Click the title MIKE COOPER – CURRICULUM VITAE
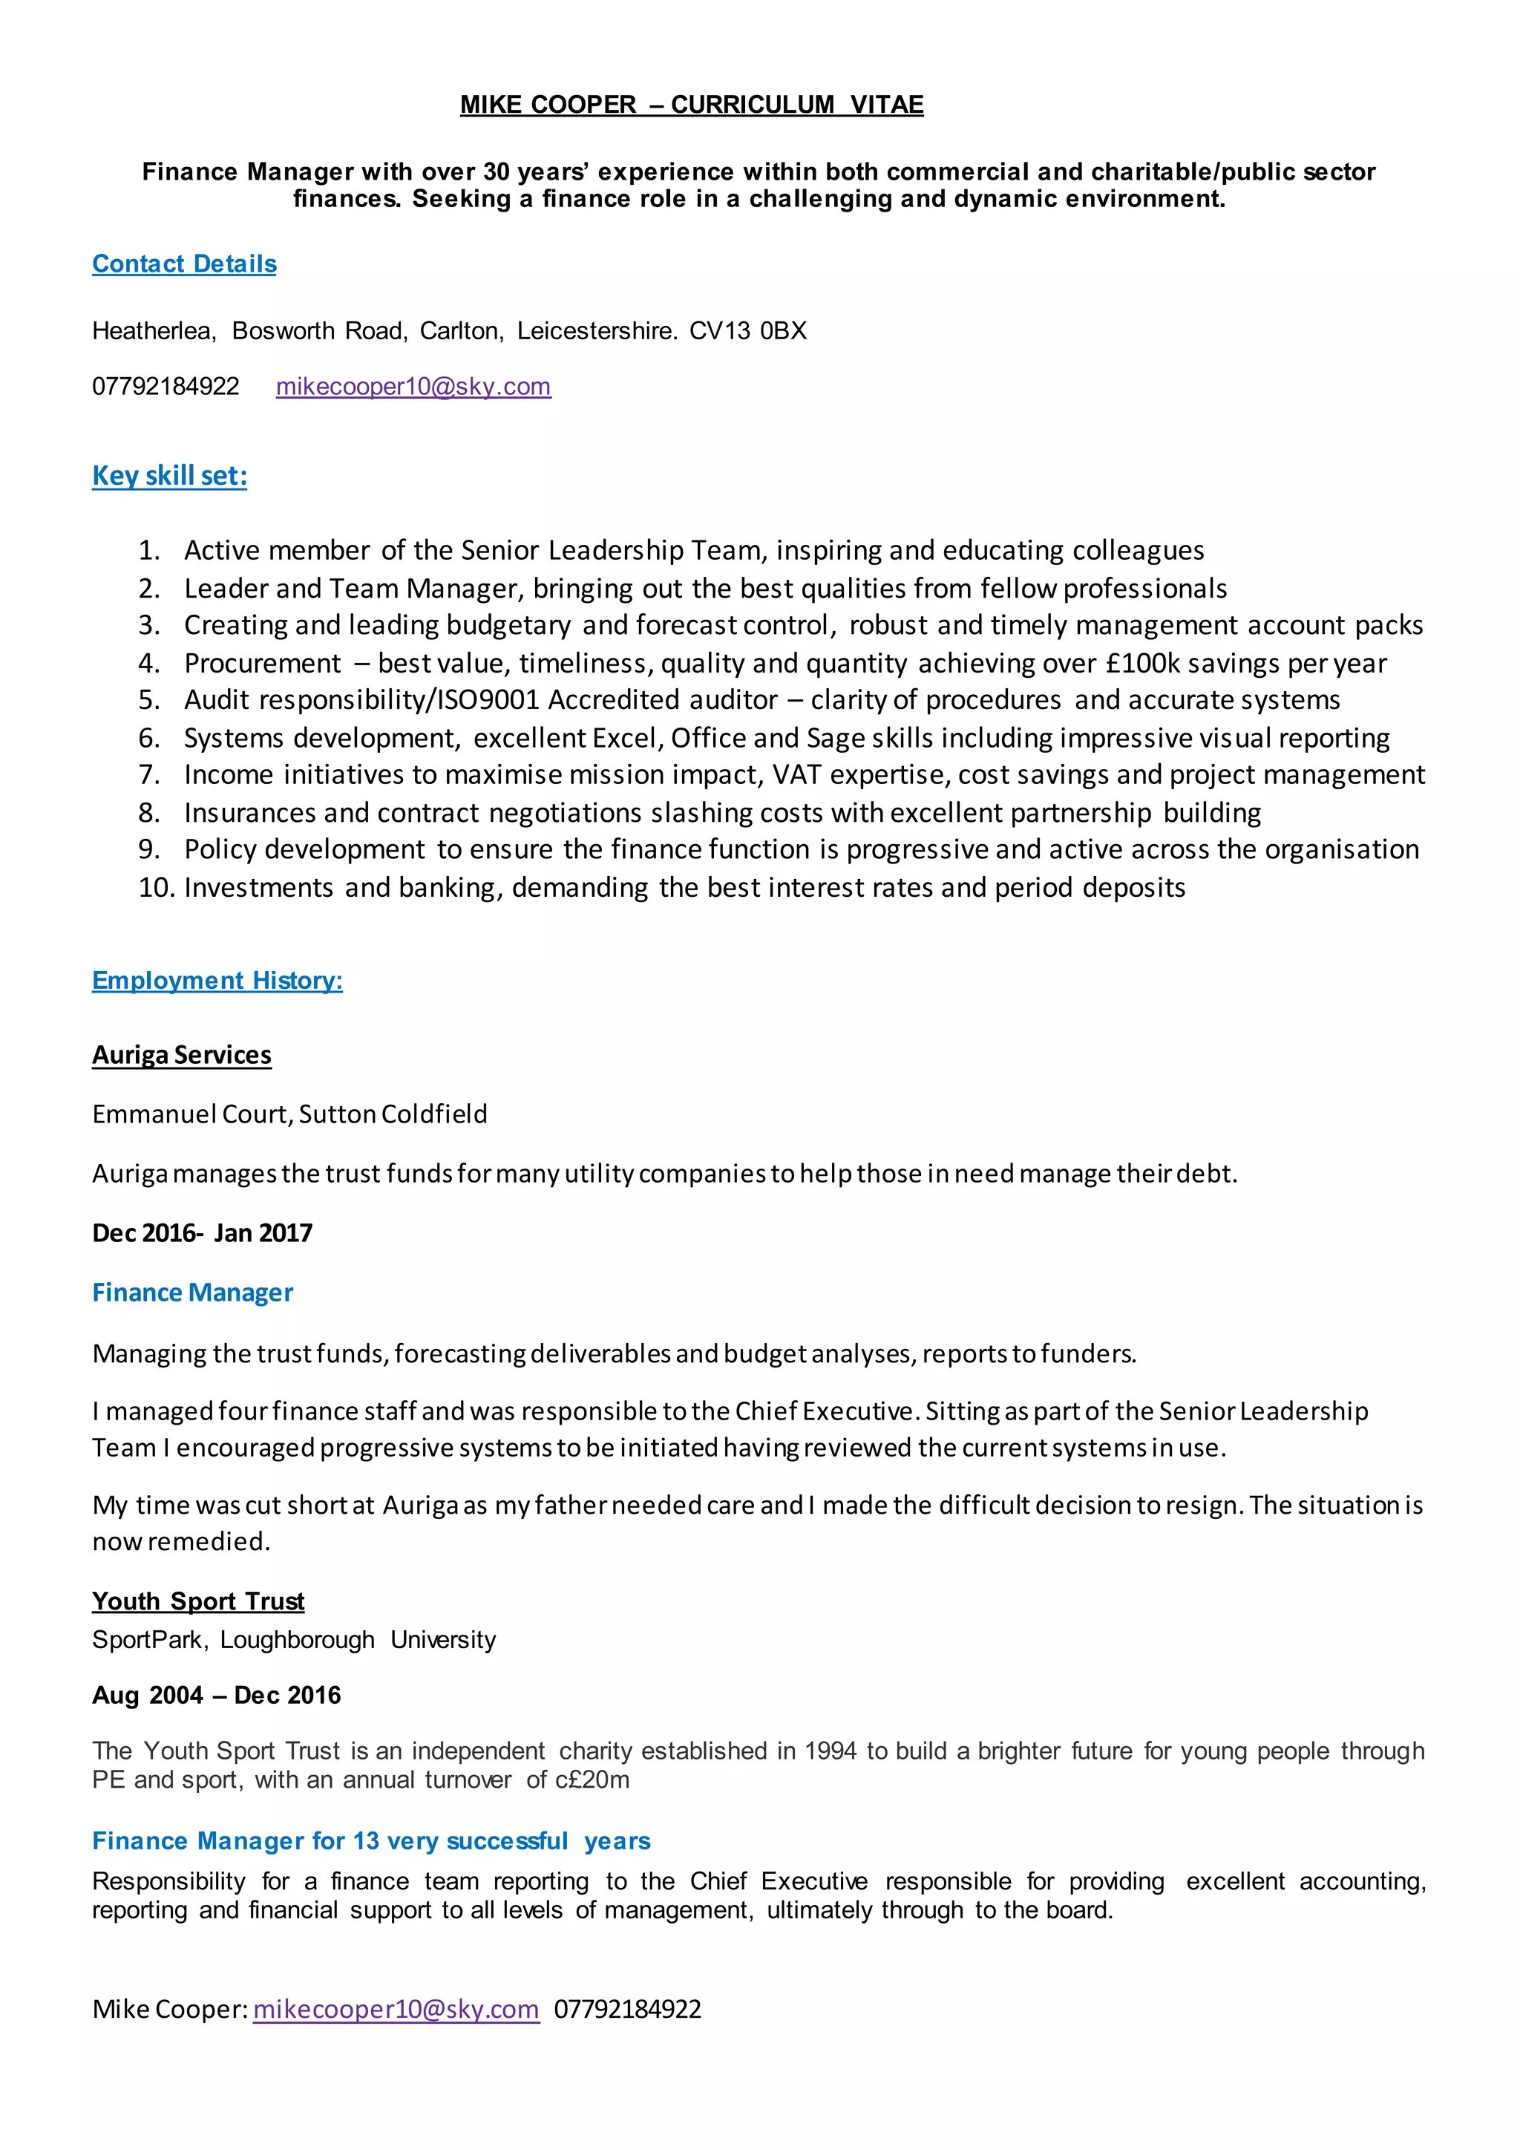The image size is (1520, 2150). click(691, 105)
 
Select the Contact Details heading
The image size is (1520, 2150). click(184, 264)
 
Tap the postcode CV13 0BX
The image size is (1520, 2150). click(748, 330)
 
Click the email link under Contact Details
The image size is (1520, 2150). click(413, 387)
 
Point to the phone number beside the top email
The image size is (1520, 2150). click(166, 387)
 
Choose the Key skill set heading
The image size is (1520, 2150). click(169, 476)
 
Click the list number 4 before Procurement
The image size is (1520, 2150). click(149, 663)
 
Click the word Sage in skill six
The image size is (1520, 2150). click(835, 738)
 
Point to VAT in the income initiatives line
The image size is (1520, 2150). click(797, 774)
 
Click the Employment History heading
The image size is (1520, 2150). click(217, 981)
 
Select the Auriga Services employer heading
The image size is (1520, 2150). click(182, 1056)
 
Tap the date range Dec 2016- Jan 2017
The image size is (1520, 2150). click(202, 1232)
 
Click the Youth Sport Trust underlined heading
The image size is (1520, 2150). click(198, 1601)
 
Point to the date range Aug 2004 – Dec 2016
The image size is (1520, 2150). click(216, 1695)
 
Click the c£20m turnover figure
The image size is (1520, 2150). click(592, 1780)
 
